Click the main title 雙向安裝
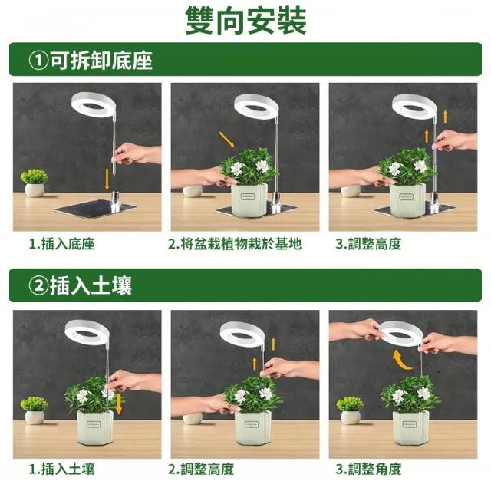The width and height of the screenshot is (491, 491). (x=245, y=21)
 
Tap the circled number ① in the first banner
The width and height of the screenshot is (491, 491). (x=38, y=60)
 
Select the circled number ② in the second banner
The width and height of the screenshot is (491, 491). (x=38, y=285)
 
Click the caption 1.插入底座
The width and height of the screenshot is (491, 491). (x=61, y=244)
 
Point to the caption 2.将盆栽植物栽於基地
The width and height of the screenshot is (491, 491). (x=235, y=244)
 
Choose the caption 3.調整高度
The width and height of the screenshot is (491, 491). (x=368, y=244)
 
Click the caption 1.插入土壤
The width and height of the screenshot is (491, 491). (x=61, y=469)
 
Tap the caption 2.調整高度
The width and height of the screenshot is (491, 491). (x=201, y=469)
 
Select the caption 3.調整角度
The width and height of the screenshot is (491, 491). (x=368, y=469)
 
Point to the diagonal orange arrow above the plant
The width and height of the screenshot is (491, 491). (x=226, y=140)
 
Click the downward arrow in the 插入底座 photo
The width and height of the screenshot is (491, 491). (x=107, y=179)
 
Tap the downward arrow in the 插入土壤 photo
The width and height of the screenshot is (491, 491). (x=119, y=404)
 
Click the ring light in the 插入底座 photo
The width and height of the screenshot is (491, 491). (x=93, y=104)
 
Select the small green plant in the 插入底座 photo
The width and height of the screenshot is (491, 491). (x=35, y=176)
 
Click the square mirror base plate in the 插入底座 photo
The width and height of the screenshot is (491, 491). (x=95, y=208)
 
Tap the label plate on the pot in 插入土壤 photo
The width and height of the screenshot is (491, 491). (x=94, y=425)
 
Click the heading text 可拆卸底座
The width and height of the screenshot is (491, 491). (x=101, y=60)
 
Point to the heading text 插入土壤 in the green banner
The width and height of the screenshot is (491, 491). (x=91, y=285)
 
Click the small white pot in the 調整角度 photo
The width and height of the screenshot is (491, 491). (x=350, y=417)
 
